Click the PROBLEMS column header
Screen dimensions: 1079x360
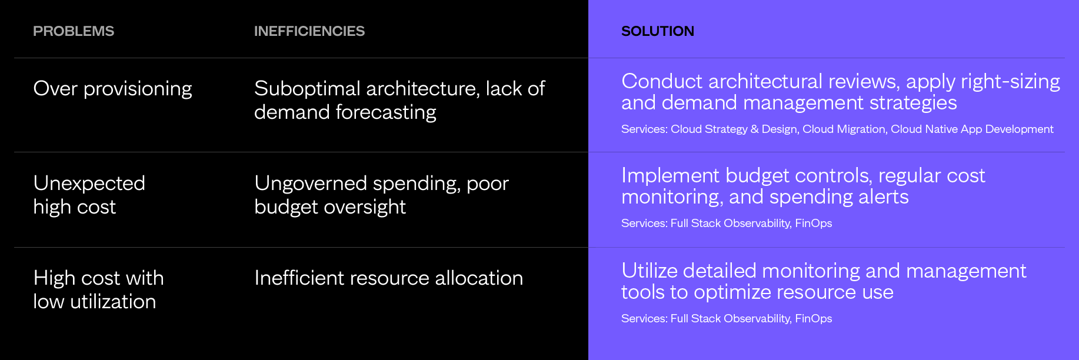(74, 31)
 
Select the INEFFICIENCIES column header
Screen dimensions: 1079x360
(309, 31)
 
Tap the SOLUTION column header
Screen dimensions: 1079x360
(658, 31)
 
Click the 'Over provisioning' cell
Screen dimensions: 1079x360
(112, 89)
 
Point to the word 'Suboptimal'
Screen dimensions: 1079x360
(307, 89)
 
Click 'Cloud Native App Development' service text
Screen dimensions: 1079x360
(972, 129)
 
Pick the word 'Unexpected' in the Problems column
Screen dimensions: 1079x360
(89, 184)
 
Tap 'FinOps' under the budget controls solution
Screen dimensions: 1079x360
(814, 224)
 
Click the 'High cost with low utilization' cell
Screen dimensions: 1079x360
(98, 290)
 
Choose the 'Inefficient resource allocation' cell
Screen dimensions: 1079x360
(388, 278)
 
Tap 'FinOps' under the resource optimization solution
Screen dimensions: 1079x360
(814, 319)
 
